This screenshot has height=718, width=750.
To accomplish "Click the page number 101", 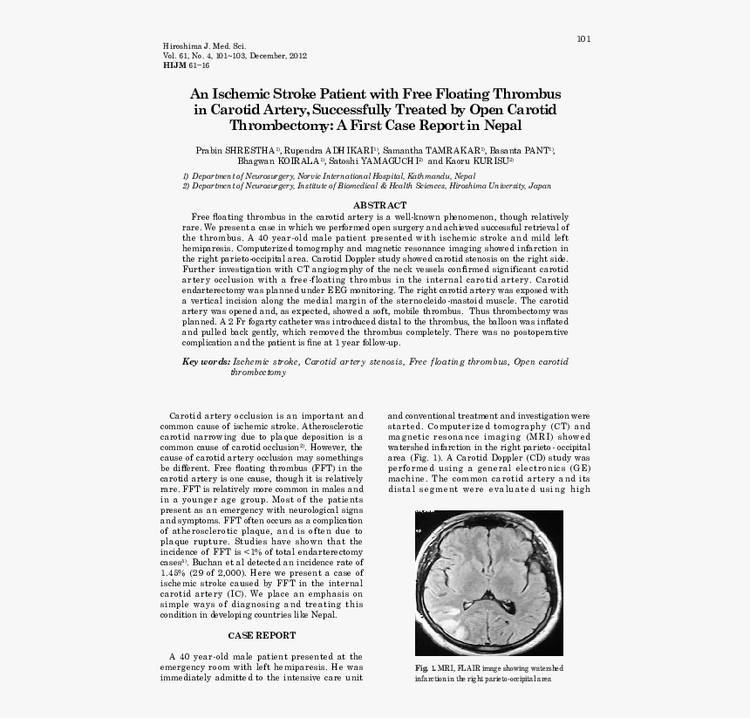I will point(584,38).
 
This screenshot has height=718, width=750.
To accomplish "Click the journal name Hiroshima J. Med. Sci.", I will point(205,45).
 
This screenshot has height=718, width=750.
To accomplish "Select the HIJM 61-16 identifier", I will point(186,65).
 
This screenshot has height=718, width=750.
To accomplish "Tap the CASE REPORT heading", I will point(262,636).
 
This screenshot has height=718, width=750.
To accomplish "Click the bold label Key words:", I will point(207,361).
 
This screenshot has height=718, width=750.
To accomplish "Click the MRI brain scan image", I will point(488,582).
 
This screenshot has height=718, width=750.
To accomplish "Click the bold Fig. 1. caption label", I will point(426,668).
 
